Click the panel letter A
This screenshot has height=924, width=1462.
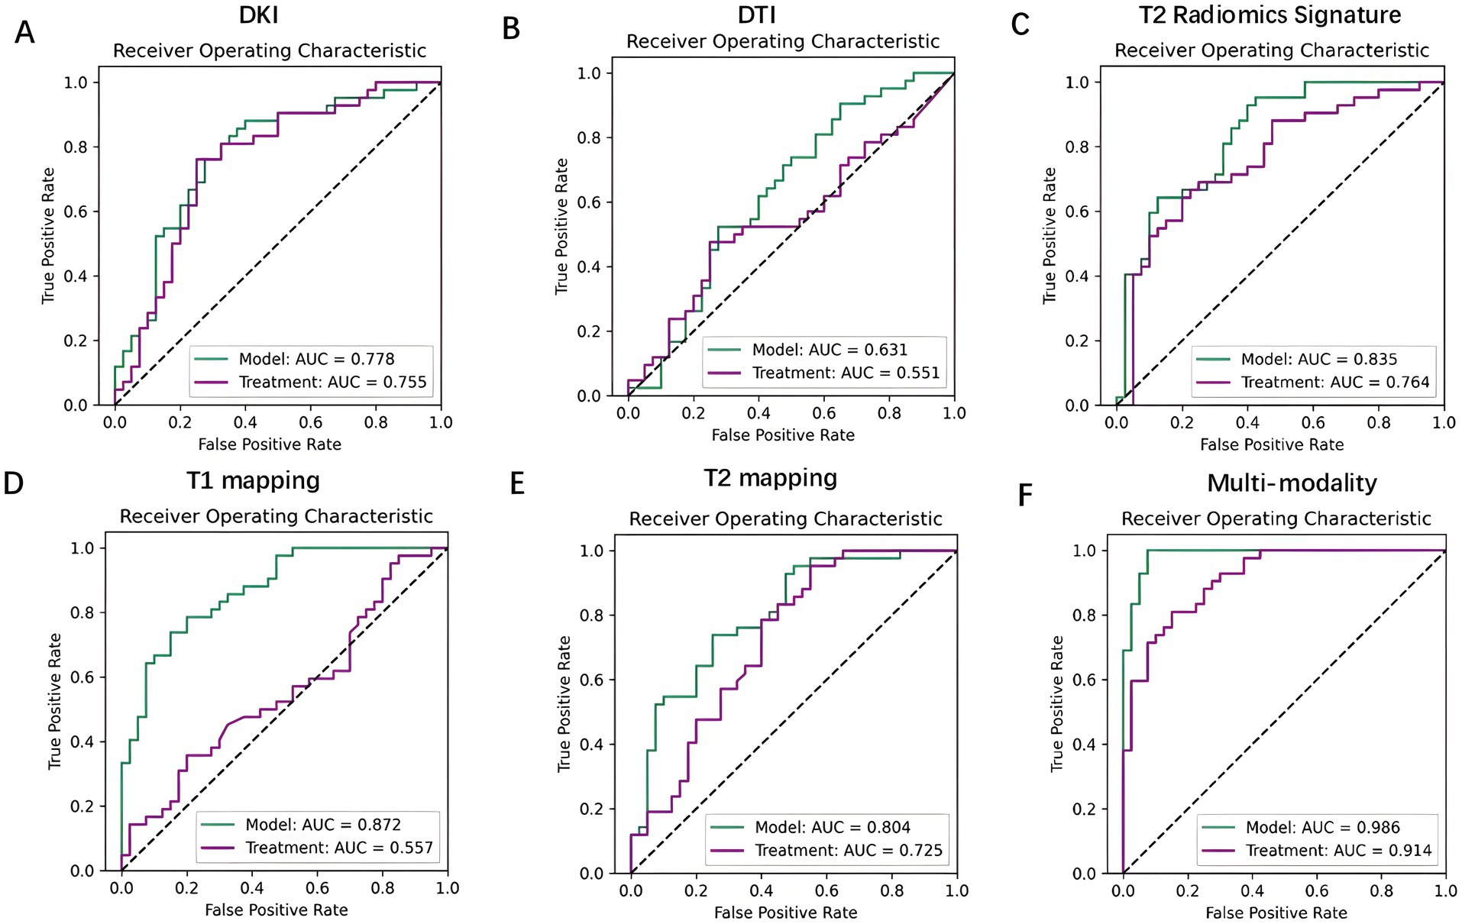24,33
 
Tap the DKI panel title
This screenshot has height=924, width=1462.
259,15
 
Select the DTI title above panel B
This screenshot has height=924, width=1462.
757,15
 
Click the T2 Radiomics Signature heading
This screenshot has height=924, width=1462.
1270,15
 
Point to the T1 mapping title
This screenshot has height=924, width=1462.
253,480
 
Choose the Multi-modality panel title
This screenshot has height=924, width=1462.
1292,483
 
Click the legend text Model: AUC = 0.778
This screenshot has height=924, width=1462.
316,359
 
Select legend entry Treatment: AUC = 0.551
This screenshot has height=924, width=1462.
846,373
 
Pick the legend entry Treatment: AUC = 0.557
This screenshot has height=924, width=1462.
338,848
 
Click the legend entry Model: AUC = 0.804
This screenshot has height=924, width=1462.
833,827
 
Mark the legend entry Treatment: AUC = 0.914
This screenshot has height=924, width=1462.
1338,850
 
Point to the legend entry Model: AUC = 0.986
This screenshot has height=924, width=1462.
1323,827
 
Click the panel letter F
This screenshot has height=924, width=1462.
1025,496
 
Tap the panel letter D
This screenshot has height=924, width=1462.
14,483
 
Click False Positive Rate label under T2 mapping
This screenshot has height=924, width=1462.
785,913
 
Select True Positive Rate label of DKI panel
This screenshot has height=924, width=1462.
48,235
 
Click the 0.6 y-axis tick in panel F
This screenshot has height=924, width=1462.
1085,680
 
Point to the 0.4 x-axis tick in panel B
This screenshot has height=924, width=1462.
758,413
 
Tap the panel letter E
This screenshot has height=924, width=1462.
517,483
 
